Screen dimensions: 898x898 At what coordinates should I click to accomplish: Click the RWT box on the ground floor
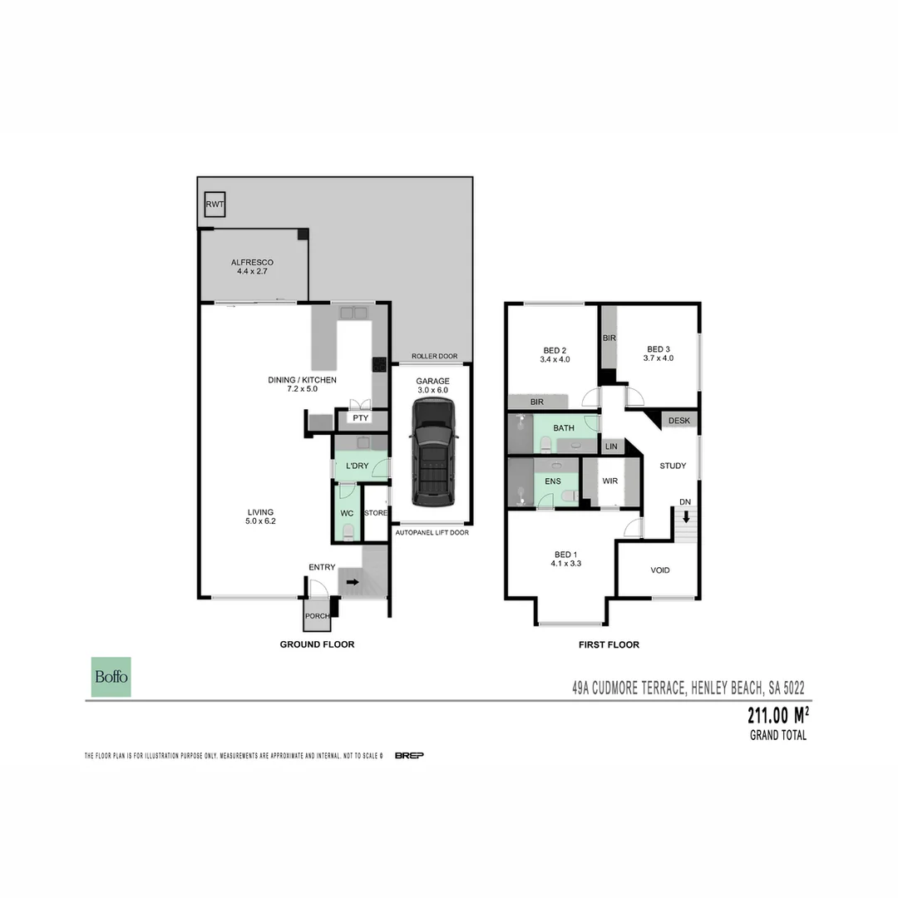[x=215, y=205]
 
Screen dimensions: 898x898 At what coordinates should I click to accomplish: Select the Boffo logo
[x=111, y=677]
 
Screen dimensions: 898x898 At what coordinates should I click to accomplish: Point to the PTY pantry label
[x=361, y=418]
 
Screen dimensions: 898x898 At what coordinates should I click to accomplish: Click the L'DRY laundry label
[x=357, y=466]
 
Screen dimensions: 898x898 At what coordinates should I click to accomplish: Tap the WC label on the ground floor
[x=347, y=513]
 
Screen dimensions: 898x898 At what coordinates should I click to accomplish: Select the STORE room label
[x=376, y=513]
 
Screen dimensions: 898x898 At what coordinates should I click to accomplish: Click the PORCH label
[x=317, y=616]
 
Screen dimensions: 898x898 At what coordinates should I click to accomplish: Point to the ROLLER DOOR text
[x=434, y=357]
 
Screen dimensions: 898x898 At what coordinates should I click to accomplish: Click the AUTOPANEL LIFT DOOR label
[x=432, y=532]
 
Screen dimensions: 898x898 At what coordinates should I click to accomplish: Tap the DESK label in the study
[x=678, y=421]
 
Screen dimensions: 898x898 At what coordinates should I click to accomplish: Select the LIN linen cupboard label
[x=611, y=447]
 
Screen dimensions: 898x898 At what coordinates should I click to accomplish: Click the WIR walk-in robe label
[x=609, y=481]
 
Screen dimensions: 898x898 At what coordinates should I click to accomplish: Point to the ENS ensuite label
[x=553, y=481]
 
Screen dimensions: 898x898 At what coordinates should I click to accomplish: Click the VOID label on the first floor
[x=659, y=570]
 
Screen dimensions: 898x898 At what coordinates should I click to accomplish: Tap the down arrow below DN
[x=685, y=516]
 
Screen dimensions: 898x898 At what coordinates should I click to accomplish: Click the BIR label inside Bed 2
[x=536, y=402]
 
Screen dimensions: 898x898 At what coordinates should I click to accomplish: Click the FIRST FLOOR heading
[x=609, y=644]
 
